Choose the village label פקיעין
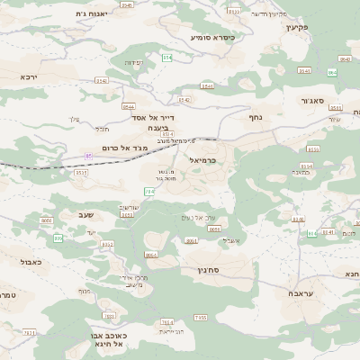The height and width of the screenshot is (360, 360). [296, 28]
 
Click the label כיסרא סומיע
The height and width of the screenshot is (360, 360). [212, 38]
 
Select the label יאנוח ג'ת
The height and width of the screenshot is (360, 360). [93, 14]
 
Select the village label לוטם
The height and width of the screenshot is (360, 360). [347, 233]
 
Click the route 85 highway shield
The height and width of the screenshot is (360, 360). [88, 156]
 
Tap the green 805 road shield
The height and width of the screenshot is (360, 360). [58, 238]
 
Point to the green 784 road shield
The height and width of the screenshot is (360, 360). [149, 191]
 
